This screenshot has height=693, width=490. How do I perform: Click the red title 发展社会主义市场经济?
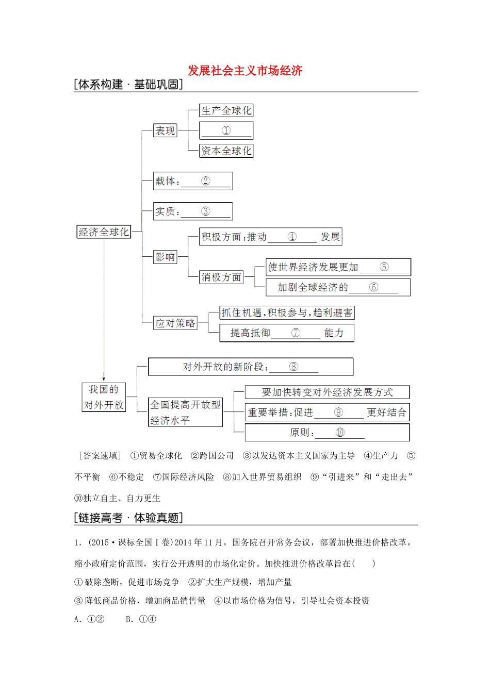(x=244, y=71)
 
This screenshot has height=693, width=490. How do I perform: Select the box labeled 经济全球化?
(x=103, y=232)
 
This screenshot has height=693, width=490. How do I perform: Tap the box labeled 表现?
(x=165, y=131)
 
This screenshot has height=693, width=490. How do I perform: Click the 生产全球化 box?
(x=226, y=111)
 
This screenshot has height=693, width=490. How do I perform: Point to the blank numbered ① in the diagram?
(x=226, y=131)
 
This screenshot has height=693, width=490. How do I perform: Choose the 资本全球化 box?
(x=226, y=151)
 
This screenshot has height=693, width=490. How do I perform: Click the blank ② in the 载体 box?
(x=205, y=181)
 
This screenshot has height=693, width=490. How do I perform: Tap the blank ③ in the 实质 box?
(x=205, y=211)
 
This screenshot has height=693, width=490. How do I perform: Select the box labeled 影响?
(x=165, y=257)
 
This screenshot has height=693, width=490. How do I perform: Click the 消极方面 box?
(x=221, y=277)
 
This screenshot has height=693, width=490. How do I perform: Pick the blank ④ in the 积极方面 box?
(x=292, y=237)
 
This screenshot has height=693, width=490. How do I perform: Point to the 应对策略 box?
(x=175, y=323)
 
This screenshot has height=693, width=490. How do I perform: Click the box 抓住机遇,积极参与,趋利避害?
(x=287, y=313)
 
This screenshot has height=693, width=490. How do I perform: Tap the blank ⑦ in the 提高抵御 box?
(x=296, y=333)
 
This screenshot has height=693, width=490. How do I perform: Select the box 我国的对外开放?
(x=104, y=397)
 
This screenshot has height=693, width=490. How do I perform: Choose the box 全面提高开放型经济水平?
(x=185, y=412)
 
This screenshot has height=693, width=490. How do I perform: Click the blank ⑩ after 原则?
(x=340, y=433)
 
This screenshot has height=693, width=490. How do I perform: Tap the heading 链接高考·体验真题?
(x=128, y=518)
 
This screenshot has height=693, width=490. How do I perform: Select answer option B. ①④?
(x=141, y=619)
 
